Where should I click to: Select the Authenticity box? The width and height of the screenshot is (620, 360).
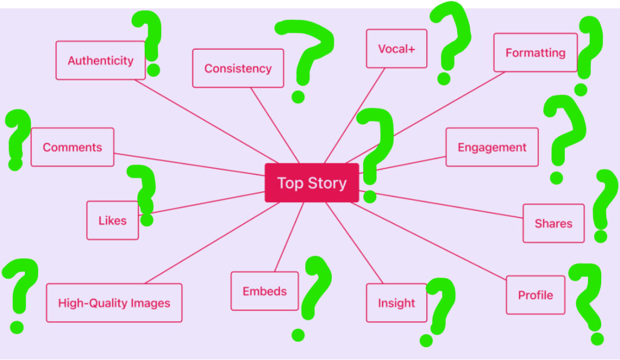[101, 61]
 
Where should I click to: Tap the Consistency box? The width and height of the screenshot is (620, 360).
[238, 68]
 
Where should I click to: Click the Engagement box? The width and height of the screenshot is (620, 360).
[492, 147]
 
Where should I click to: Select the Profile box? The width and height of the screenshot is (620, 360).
[535, 295]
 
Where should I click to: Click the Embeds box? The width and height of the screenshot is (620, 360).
[265, 291]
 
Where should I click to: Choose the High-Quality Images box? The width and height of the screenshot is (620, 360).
[114, 303]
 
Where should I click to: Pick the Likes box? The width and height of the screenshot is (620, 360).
[113, 220]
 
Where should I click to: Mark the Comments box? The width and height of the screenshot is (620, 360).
[72, 147]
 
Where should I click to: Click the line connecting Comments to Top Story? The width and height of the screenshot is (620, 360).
[188, 164]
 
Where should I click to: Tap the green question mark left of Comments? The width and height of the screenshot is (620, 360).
[17, 136]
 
